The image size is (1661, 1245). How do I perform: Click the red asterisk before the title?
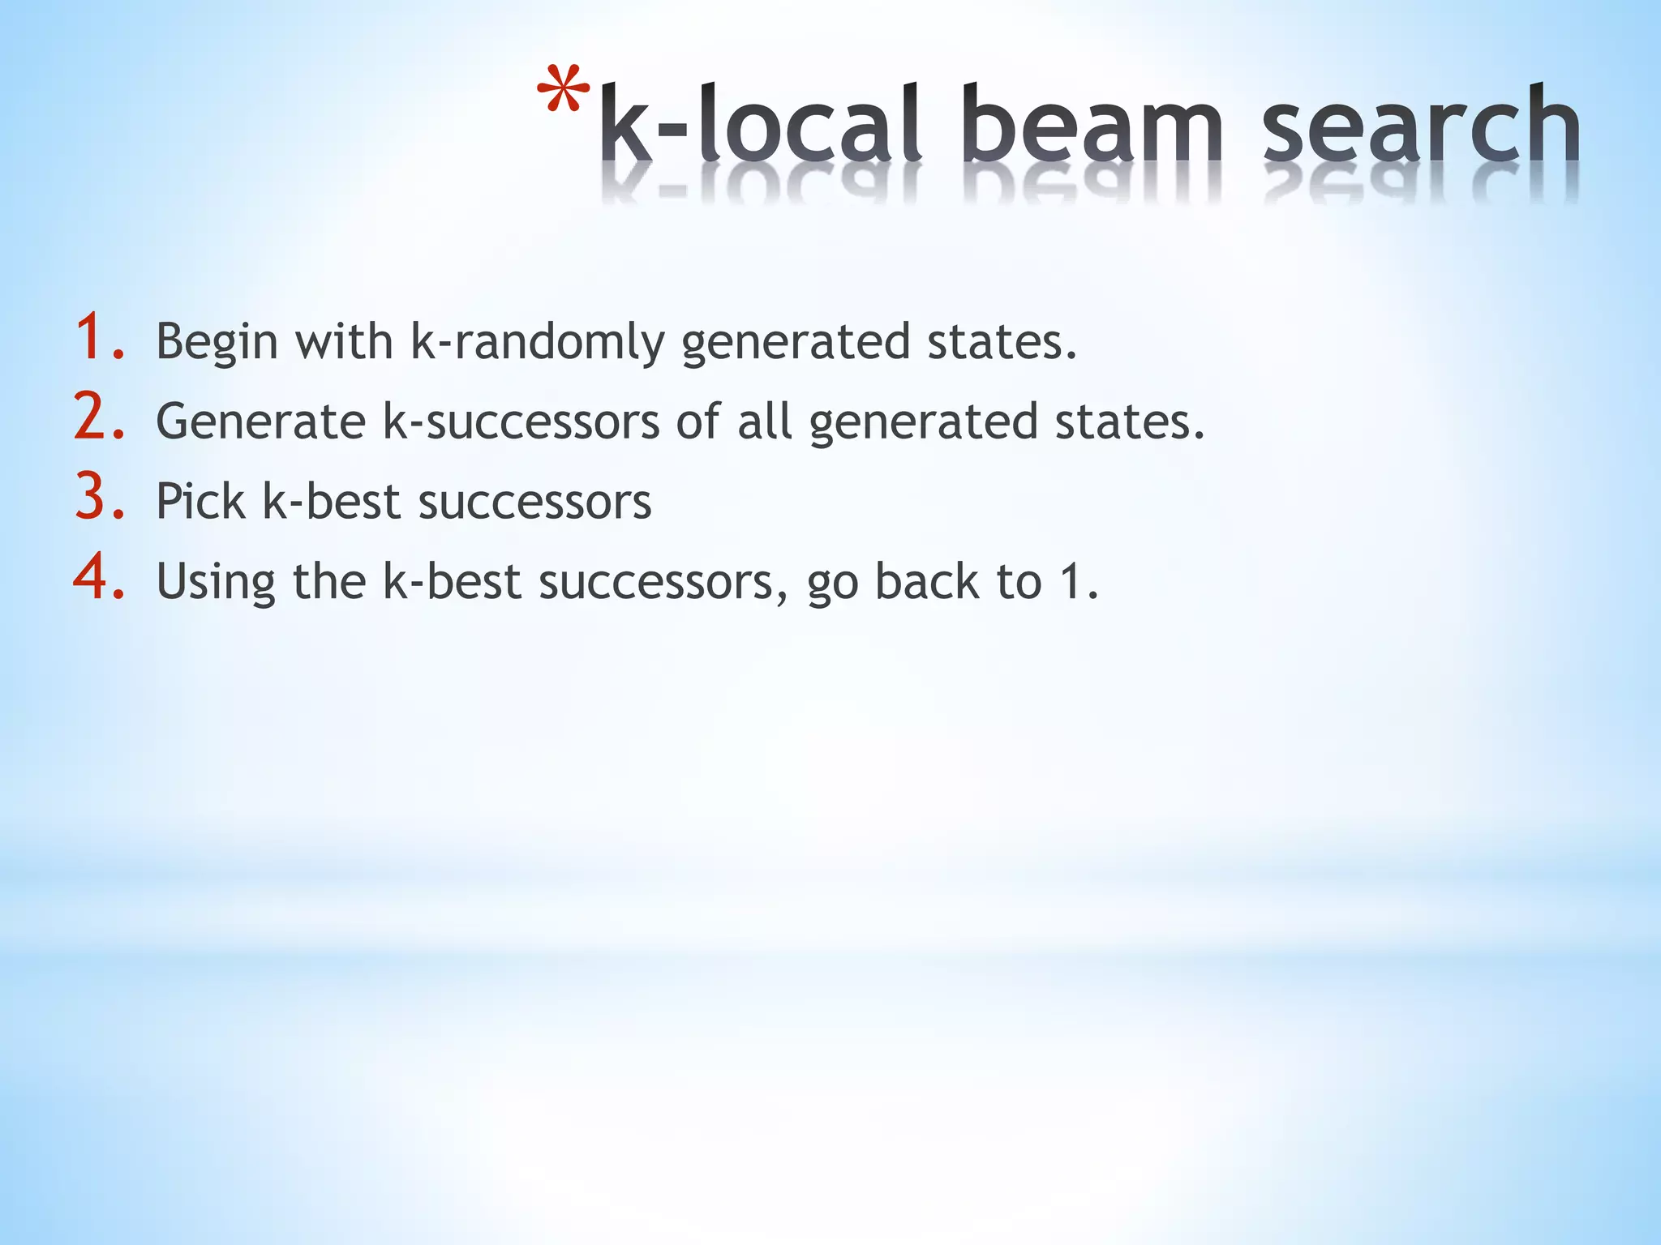point(563,90)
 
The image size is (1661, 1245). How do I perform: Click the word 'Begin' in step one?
point(217,342)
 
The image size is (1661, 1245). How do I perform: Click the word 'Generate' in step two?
point(260,421)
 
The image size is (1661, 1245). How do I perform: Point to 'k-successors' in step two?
point(521,421)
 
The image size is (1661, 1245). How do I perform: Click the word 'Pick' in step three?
point(200,501)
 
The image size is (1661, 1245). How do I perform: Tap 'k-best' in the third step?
point(331,501)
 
